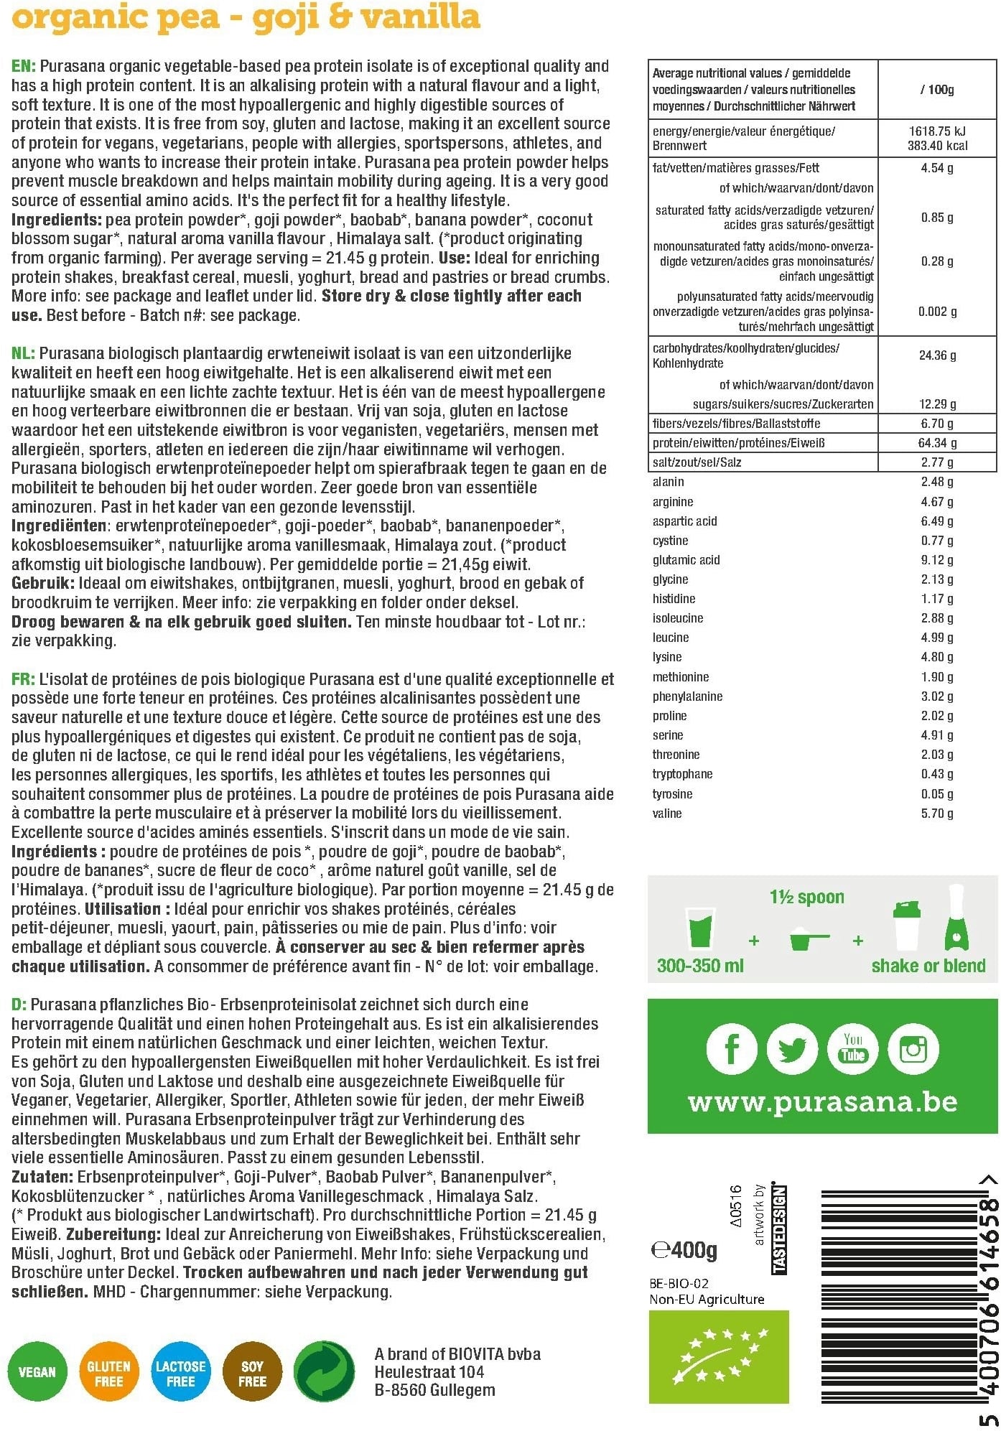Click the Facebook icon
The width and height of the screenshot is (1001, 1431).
(731, 1049)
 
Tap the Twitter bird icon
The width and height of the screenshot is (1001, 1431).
(792, 1049)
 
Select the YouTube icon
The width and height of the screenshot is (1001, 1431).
(852, 1049)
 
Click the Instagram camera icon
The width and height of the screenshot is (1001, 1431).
(913, 1049)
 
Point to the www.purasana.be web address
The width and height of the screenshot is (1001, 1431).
(822, 1101)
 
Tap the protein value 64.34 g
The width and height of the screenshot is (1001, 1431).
(936, 443)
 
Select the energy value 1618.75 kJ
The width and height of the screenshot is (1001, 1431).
(937, 131)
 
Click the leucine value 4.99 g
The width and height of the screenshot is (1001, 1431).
(936, 638)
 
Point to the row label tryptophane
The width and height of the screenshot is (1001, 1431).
(682, 774)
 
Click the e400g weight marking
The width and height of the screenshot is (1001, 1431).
(684, 1251)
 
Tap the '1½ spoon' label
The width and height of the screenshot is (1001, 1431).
(806, 897)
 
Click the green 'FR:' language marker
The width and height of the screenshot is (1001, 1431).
(23, 679)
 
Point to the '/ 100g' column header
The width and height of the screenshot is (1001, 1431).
(936, 90)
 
